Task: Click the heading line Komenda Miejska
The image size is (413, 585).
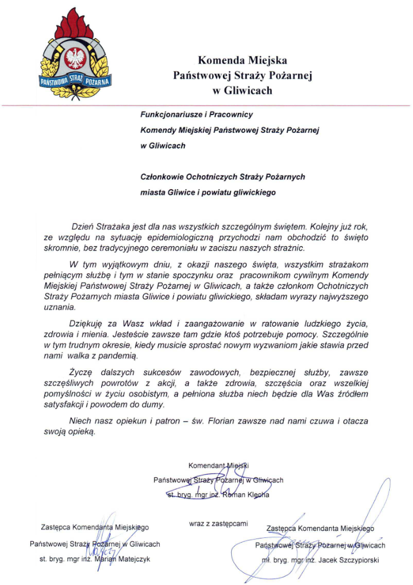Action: tap(243, 60)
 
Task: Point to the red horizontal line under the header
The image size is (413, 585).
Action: tap(206, 105)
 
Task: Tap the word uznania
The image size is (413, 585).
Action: tap(59, 308)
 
